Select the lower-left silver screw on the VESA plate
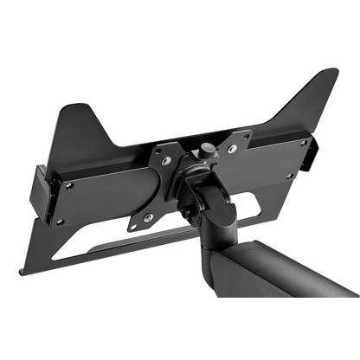pos(148,217)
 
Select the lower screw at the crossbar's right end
pos(292,177)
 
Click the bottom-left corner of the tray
pos(21,272)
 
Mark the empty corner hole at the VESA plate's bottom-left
pos(132,227)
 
